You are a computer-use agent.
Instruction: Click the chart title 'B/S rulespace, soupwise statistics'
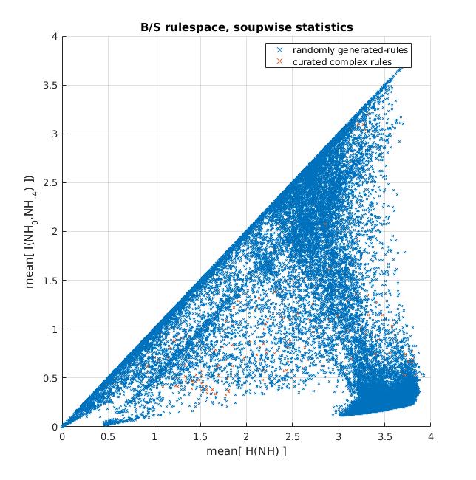[x=247, y=27]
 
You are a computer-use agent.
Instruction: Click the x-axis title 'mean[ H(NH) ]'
[x=247, y=451]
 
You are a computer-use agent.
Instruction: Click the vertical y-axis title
[x=30, y=231]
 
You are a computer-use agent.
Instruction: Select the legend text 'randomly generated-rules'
[x=350, y=50]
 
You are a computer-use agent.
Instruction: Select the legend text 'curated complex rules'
[x=342, y=62]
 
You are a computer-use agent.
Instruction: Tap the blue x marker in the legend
[x=279, y=49]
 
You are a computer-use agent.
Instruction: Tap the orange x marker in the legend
[x=279, y=61]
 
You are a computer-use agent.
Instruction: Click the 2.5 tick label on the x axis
[x=293, y=437]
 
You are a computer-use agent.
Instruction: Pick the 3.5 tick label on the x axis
[x=385, y=437]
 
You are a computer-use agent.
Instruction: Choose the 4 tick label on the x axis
[x=431, y=437]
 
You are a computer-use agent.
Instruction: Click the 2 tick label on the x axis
[x=246, y=437]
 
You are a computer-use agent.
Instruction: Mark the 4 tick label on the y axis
[x=55, y=36]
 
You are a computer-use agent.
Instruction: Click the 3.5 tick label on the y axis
[x=50, y=85]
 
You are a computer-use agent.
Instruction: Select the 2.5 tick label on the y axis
[x=50, y=182]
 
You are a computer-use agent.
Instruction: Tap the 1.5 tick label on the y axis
[x=50, y=281]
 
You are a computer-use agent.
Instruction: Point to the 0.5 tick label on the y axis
[x=50, y=378]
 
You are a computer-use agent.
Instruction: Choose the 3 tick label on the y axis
[x=55, y=134]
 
